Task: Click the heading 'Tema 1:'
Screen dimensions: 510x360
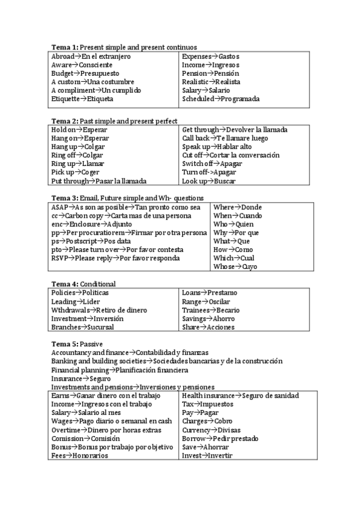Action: coord(64,47)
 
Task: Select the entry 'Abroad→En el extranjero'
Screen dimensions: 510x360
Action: coord(91,56)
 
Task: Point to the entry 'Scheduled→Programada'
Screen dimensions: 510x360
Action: coord(221,99)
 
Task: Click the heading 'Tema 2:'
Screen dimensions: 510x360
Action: coord(64,121)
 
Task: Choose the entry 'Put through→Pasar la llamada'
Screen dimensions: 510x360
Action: coord(99,180)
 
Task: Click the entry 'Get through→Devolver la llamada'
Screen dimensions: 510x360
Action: coord(234,129)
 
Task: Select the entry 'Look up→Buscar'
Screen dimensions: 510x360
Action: coord(209,180)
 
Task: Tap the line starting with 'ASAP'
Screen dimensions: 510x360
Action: coord(126,207)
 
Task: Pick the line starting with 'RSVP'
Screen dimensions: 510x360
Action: coord(115,258)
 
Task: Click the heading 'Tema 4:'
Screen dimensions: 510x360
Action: coord(64,284)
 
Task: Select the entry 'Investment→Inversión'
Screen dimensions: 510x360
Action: coord(87,319)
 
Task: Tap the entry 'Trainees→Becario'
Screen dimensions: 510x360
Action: coord(210,310)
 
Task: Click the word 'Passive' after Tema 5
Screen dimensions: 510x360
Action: coord(91,343)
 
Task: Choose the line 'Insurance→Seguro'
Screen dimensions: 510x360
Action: coord(81,379)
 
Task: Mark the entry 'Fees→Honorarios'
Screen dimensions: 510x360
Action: coord(79,456)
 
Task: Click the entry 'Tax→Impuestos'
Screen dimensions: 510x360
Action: coord(208,404)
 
